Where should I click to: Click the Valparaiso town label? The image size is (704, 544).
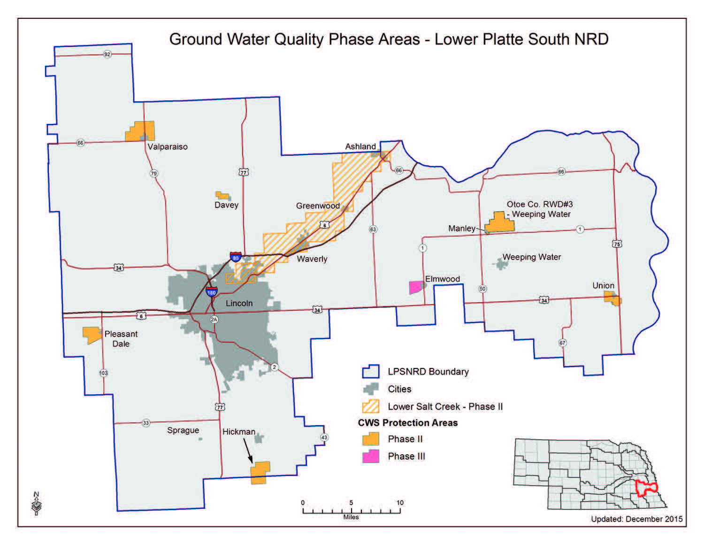(168, 147)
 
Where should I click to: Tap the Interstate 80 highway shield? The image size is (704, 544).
(236, 257)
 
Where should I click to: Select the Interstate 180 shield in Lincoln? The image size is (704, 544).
(212, 292)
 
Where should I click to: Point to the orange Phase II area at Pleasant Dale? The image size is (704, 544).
(92, 334)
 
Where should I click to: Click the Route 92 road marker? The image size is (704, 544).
(107, 54)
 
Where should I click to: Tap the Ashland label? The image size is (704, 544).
(360, 146)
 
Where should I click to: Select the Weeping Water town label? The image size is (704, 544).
(531, 257)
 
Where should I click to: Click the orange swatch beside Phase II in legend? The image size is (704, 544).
(371, 439)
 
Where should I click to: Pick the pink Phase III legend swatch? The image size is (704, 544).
(371, 456)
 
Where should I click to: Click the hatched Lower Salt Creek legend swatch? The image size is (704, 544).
(371, 406)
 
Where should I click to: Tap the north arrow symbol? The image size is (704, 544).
(36, 503)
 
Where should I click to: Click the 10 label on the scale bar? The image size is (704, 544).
(400, 503)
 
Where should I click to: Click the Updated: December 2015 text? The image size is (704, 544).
(636, 519)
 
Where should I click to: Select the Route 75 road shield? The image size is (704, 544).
(617, 244)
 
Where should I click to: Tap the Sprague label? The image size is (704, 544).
(183, 430)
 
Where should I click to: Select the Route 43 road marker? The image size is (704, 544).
(324, 437)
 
